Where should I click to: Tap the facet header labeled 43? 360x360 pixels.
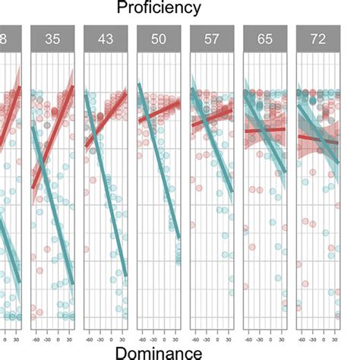(104, 39)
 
